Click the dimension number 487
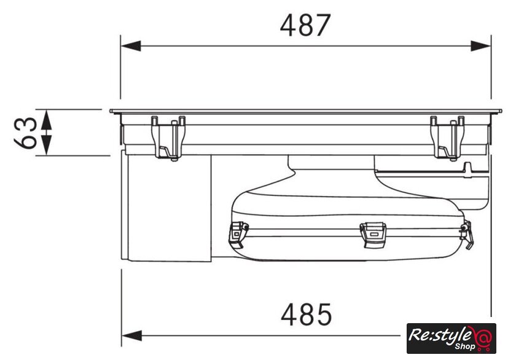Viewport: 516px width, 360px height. [x=305, y=25]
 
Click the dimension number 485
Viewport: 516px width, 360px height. [x=306, y=315]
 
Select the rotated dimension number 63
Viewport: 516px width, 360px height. [x=26, y=133]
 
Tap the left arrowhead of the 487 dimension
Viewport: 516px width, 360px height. [x=131, y=46]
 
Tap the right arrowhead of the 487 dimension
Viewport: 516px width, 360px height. [x=481, y=46]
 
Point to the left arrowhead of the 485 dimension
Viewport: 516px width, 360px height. [x=132, y=335]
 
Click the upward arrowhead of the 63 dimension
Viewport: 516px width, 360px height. [x=47, y=119]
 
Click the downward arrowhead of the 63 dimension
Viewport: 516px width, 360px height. [x=47, y=145]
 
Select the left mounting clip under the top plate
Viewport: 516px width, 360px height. [x=168, y=138]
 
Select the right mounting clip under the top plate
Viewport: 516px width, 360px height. [x=448, y=138]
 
